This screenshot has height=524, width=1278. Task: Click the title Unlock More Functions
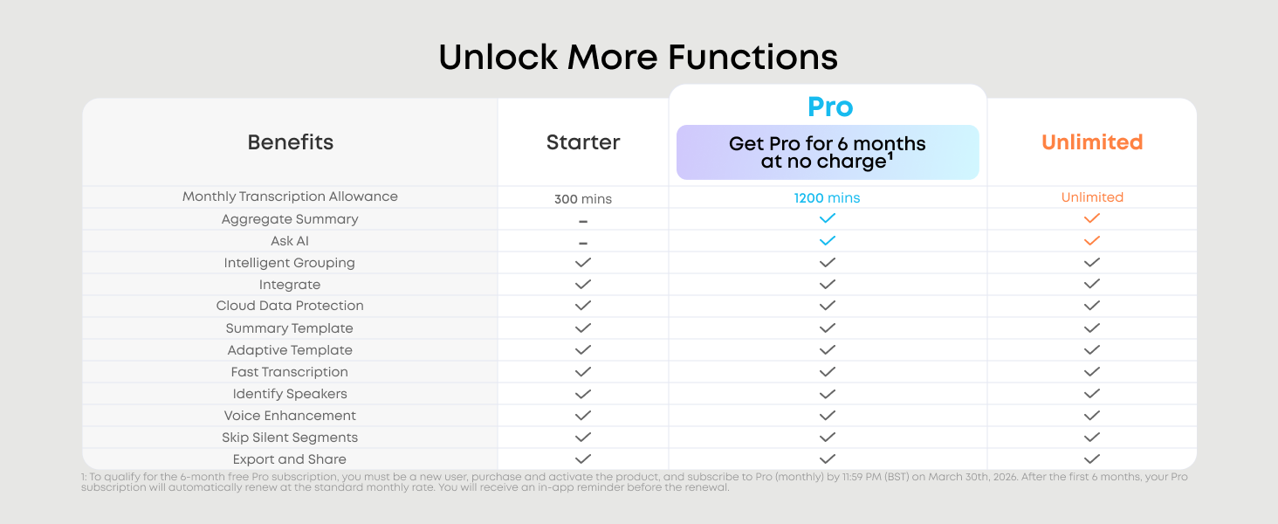(638, 57)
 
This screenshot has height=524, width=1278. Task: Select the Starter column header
(583, 142)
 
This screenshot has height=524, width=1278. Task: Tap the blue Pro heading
(830, 107)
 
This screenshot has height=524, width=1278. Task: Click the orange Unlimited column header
(1092, 142)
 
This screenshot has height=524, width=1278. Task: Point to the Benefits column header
(291, 142)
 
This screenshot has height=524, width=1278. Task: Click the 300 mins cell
(583, 199)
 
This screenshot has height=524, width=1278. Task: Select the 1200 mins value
(827, 198)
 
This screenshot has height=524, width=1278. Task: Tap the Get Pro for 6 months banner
(828, 153)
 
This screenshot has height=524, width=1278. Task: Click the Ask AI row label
(290, 241)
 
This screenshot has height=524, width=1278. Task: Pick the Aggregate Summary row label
(290, 219)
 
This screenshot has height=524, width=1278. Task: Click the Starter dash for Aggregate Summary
(583, 221)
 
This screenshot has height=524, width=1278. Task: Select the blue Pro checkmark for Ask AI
(828, 240)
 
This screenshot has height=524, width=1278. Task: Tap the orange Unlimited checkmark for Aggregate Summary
(1092, 218)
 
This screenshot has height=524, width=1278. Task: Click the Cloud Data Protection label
(290, 306)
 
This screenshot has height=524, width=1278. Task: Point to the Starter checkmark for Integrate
(583, 284)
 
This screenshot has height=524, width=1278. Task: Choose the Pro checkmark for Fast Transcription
(828, 371)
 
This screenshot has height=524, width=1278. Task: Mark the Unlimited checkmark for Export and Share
(1092, 458)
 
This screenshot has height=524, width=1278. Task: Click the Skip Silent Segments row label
(290, 438)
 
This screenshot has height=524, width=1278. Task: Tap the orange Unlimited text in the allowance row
(1092, 197)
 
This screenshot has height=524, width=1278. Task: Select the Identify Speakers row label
(290, 394)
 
